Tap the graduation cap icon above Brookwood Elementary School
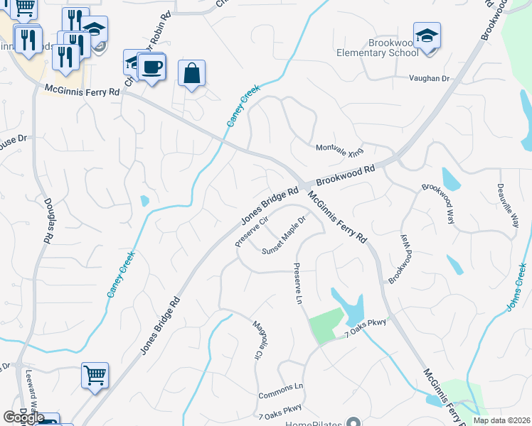click(427, 35)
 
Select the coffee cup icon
click(151, 68)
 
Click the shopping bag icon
click(192, 73)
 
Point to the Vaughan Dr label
click(429, 79)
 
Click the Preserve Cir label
click(251, 232)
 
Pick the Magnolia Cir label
click(258, 339)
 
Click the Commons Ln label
click(280, 387)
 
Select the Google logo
click(23, 417)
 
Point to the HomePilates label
click(313, 424)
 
